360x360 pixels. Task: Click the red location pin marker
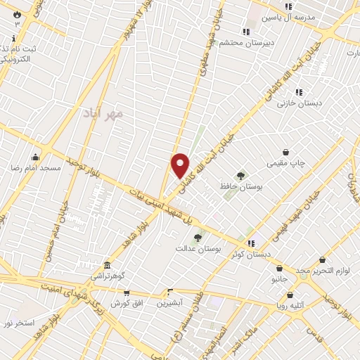(181, 165)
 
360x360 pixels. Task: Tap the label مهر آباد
(103, 112)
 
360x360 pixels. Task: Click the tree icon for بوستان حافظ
(241, 176)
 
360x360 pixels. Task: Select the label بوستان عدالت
(198, 248)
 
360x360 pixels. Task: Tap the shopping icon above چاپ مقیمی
(286, 152)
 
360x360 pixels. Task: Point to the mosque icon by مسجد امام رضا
(35, 157)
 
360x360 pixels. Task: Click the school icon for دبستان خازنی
(299, 92)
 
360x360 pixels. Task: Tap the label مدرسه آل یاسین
(285, 18)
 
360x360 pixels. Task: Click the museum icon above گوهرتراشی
(107, 266)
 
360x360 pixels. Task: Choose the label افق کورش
(127, 302)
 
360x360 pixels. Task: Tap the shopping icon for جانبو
(280, 268)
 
